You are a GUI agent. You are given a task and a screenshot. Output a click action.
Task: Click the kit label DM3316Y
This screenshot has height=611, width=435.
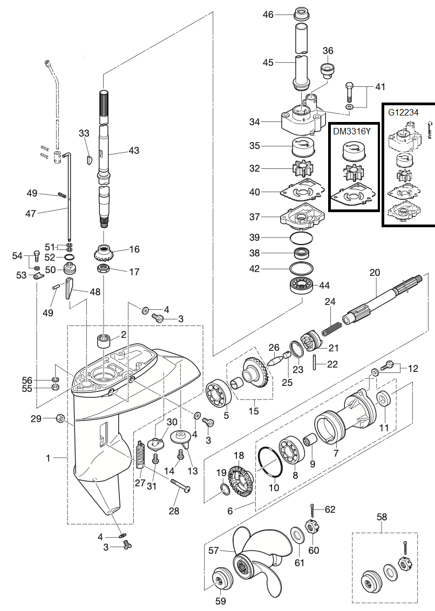click(x=351, y=131)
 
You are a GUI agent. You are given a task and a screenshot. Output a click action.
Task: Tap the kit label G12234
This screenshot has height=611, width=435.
click(x=403, y=113)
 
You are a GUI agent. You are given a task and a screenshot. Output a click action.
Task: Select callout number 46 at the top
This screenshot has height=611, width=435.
click(x=268, y=15)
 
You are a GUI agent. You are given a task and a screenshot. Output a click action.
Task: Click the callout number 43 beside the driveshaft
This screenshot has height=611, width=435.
click(x=134, y=151)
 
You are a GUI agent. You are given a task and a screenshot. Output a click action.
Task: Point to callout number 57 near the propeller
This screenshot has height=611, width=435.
click(x=214, y=551)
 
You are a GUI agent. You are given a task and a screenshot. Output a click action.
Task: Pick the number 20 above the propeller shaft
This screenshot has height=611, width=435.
click(x=375, y=273)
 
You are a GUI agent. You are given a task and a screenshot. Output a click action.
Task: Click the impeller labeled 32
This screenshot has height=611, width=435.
click(x=301, y=169)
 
